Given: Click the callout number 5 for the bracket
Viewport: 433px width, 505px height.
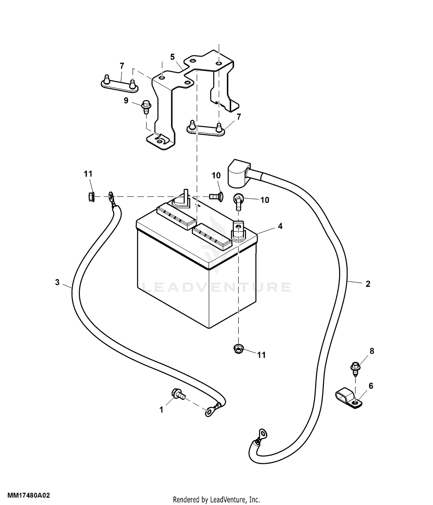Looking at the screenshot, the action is click(172, 57).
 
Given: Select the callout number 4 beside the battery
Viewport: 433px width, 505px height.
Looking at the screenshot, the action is click(280, 226).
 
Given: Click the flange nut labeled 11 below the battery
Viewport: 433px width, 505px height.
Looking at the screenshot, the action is click(238, 350).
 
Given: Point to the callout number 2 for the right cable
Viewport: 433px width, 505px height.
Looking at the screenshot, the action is click(368, 284).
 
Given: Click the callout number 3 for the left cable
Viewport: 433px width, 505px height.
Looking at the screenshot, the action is click(57, 282).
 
